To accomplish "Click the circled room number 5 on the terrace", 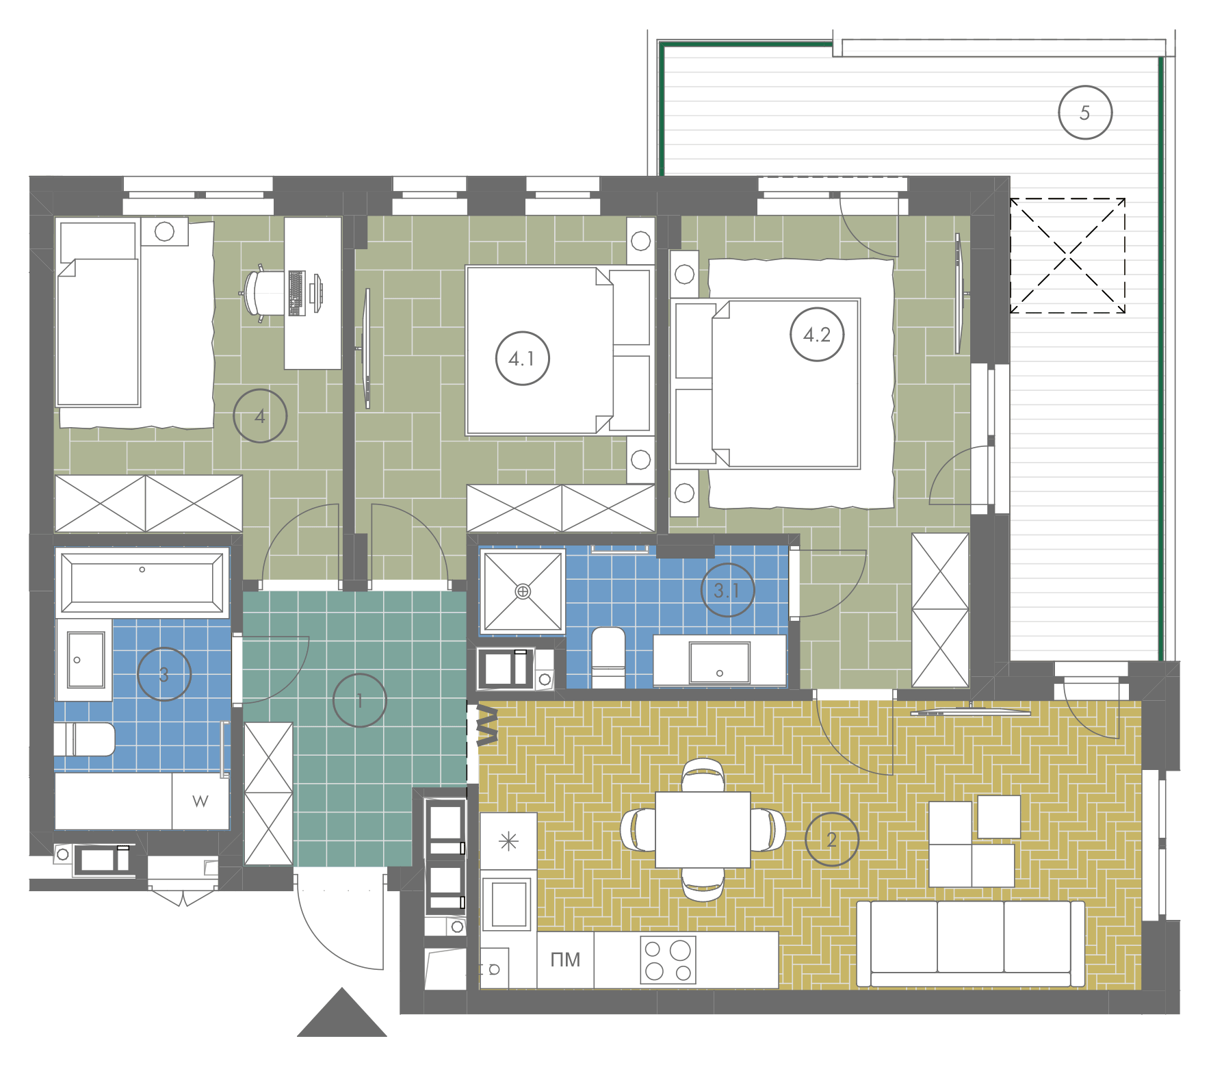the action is coord(1084,113).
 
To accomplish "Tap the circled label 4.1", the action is coord(522,358).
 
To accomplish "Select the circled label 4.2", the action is coord(817,335).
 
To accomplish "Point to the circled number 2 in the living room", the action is coord(831,839).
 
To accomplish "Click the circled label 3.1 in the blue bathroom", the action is coord(727,590).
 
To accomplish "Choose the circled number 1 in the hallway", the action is coord(359,700).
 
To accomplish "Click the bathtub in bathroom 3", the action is coord(142,582).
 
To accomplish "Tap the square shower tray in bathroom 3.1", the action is coord(523,591).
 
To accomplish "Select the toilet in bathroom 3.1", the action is coord(608,657).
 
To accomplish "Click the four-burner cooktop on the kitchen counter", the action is coord(668,959).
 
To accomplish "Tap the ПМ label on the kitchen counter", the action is coord(565,960).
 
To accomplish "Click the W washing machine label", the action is coord(200,801).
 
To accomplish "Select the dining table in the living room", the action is coord(703,830).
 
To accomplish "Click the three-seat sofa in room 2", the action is coord(971,944).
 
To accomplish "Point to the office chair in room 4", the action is coord(261,293).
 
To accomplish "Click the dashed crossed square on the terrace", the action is coord(1068,256).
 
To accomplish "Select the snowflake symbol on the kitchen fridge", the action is coord(509,841).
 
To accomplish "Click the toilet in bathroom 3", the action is coord(85,739).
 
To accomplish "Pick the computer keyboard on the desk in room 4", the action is coord(297,293).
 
